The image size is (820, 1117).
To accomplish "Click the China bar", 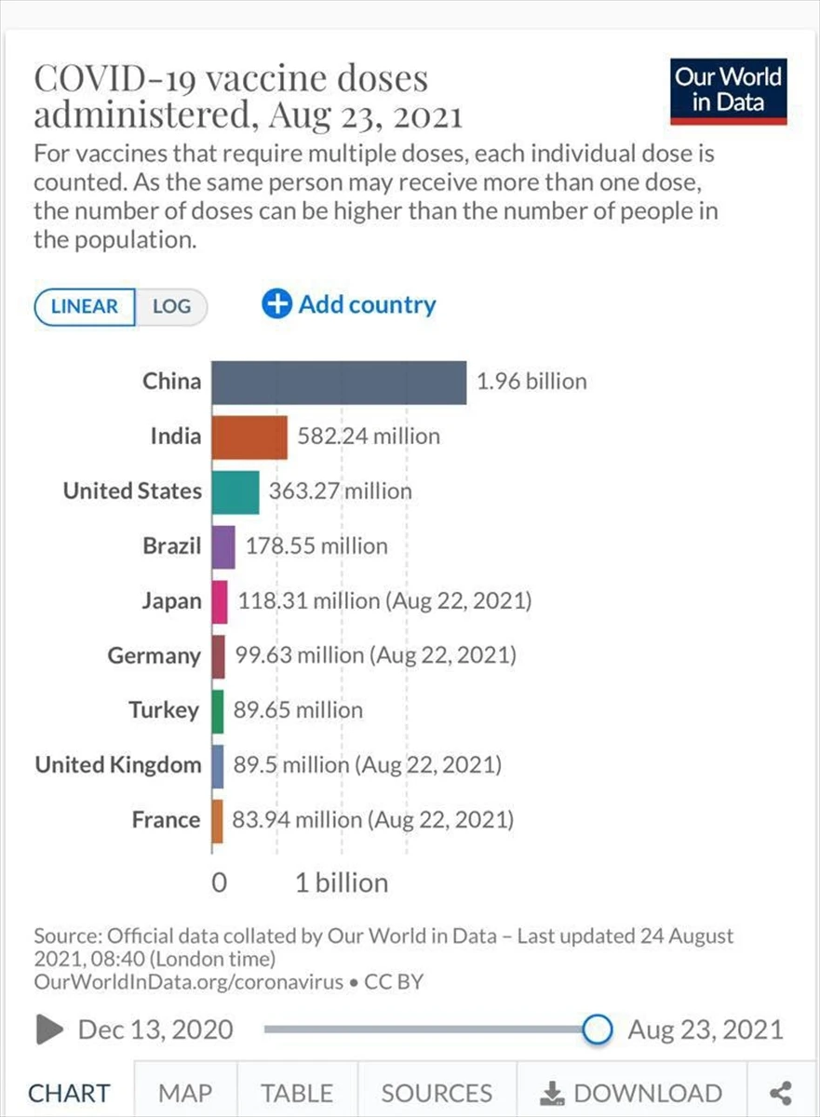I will click(x=339, y=382).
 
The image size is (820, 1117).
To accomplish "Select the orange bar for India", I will click(x=249, y=437).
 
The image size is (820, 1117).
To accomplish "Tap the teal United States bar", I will click(x=235, y=491).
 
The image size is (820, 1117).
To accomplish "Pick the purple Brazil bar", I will click(x=223, y=546).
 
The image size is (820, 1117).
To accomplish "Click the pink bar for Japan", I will click(x=220, y=601).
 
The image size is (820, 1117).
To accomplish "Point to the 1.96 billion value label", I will click(x=531, y=382).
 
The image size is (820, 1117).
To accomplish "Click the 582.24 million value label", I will click(x=369, y=436).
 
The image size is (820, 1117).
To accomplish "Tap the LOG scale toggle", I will click(x=171, y=307).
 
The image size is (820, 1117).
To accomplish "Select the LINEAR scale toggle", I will click(x=85, y=307).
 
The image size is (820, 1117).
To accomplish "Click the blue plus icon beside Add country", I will click(x=276, y=304).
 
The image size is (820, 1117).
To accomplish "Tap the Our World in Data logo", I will click(x=728, y=90).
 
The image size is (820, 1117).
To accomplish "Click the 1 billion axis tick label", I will click(x=342, y=882).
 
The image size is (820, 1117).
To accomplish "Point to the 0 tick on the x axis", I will click(x=219, y=882).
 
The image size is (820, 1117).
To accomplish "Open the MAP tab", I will click(x=184, y=1093).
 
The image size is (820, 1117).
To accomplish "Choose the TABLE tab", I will click(x=296, y=1093).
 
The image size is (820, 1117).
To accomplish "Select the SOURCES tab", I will click(x=437, y=1093).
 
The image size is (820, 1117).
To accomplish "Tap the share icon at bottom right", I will click(x=781, y=1093).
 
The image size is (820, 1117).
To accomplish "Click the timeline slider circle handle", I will click(x=597, y=1030).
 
